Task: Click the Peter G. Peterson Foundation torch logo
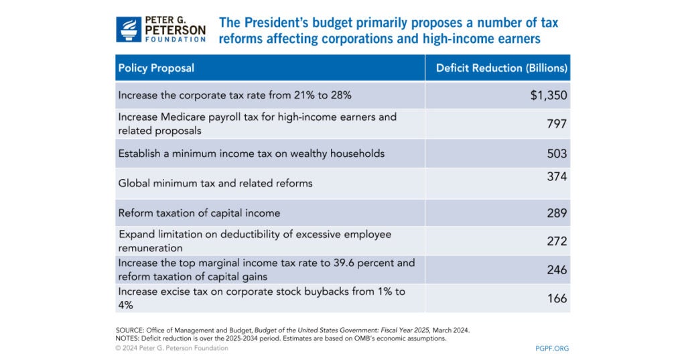(x=128, y=29)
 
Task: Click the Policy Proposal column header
(x=156, y=68)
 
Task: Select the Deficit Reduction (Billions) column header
(x=501, y=68)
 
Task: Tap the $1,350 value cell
(x=548, y=96)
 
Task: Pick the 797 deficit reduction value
(x=556, y=124)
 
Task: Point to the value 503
(x=556, y=154)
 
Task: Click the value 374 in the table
(x=556, y=177)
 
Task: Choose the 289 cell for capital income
(x=556, y=213)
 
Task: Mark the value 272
(x=556, y=241)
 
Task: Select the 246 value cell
(x=556, y=270)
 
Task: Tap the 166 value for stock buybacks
(x=556, y=298)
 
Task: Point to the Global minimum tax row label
(x=215, y=183)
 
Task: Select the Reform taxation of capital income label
(x=199, y=213)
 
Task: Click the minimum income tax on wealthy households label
(x=251, y=154)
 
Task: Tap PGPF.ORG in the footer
(x=552, y=349)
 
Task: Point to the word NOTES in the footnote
(x=129, y=339)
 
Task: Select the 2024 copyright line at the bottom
(x=172, y=349)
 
